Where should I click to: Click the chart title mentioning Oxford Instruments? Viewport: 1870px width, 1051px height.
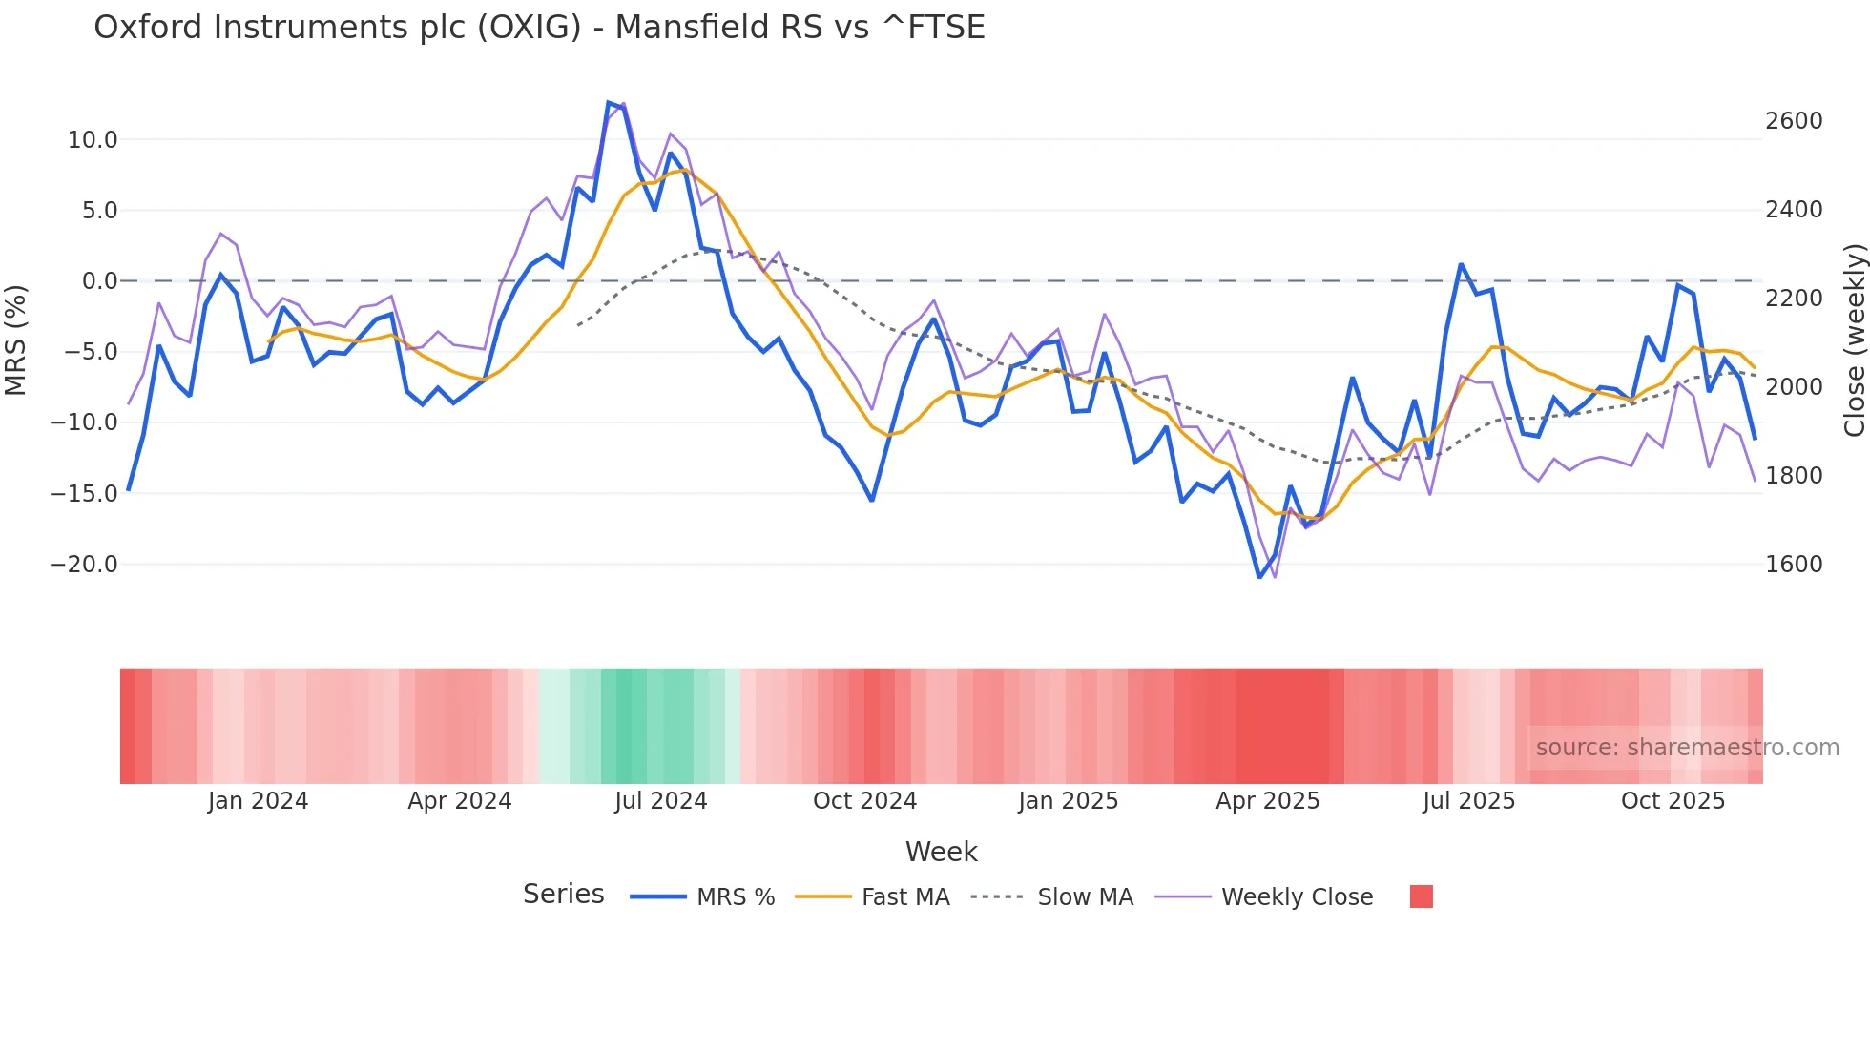click(539, 28)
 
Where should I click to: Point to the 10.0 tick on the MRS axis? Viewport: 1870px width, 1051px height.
click(92, 140)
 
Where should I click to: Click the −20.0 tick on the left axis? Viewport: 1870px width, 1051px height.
click(84, 565)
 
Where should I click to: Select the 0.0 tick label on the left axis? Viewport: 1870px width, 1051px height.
click(99, 281)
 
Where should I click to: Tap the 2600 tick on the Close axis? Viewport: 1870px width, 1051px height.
click(1794, 121)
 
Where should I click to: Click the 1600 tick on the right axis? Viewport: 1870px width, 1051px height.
click(1794, 565)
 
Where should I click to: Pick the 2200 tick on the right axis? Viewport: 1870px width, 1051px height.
click(1794, 299)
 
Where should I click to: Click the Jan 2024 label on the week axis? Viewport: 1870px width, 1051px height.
click(258, 801)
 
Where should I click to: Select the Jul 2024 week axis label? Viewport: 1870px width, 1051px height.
click(660, 801)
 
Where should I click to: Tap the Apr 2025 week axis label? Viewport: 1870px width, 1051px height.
click(1267, 801)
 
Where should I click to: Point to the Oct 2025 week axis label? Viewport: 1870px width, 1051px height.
click(1673, 801)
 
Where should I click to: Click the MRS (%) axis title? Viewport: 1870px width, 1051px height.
click(16, 340)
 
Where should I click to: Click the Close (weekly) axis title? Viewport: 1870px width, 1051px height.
click(1854, 340)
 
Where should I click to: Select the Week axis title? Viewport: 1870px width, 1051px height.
click(941, 852)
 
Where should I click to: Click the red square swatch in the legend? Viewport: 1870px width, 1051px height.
click(1421, 896)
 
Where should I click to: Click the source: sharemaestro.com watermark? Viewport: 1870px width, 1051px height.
click(1687, 748)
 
